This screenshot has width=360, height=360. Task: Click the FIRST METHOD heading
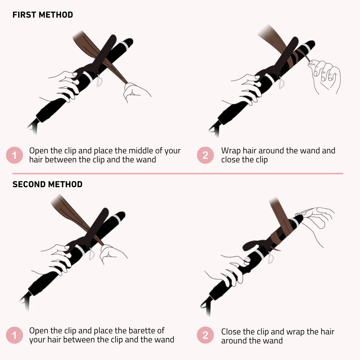pyautogui.click(x=43, y=15)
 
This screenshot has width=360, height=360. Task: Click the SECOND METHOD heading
pyautogui.click(x=47, y=184)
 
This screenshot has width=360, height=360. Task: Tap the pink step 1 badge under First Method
pyautogui.click(x=14, y=155)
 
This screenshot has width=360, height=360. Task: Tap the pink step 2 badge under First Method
pyautogui.click(x=205, y=155)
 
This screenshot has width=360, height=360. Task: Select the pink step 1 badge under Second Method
pyautogui.click(x=14, y=335)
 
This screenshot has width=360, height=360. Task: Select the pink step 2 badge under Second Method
pyautogui.click(x=205, y=335)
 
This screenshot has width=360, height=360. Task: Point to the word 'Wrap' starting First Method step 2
pyautogui.click(x=231, y=151)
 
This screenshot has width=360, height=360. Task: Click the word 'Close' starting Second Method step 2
pyautogui.click(x=231, y=332)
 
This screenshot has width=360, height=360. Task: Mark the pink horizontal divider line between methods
pyautogui.click(x=178, y=174)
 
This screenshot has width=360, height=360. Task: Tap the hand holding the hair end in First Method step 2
pyautogui.click(x=325, y=77)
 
